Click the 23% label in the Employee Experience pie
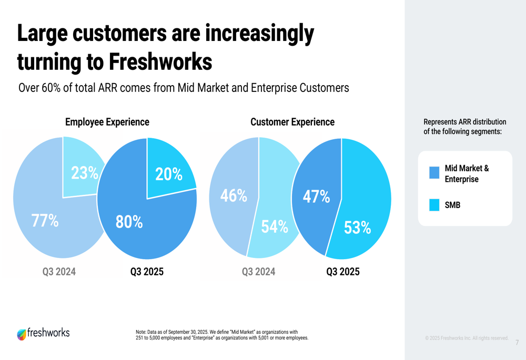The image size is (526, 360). click(85, 173)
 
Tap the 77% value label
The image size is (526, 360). click(45, 221)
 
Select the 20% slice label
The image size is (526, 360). click(168, 174)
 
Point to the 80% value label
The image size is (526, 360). click(129, 222)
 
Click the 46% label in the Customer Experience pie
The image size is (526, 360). click(234, 196)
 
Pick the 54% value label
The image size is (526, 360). click(275, 227)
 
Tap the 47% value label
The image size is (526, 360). click(317, 197)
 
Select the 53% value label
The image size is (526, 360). click(358, 228)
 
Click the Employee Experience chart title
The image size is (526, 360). click(107, 122)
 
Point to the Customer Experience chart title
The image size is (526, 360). click(292, 122)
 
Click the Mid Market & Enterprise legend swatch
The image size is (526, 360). click(434, 173)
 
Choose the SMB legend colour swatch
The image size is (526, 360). click(434, 205)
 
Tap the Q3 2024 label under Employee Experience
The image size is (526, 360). click(59, 272)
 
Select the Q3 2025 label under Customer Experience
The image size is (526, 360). click(343, 272)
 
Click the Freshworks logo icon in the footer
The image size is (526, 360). click(21, 334)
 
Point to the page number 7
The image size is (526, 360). click(517, 343)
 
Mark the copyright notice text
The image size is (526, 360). click(467, 337)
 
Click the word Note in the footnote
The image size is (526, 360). click(140, 332)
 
